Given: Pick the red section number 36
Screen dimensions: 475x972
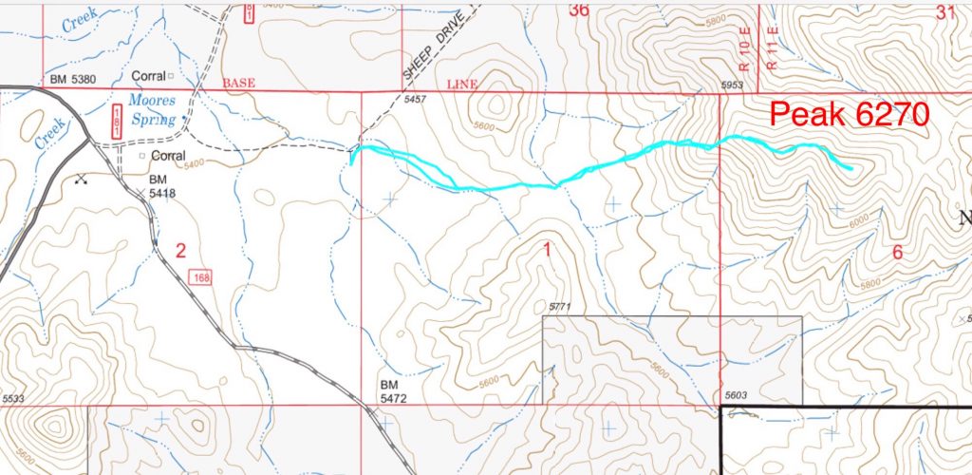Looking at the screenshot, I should coord(579,10).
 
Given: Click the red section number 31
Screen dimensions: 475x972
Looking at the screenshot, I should coord(945,12).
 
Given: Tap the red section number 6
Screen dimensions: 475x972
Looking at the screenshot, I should coord(898,252).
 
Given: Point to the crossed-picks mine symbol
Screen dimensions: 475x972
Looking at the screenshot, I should coord(81,178).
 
